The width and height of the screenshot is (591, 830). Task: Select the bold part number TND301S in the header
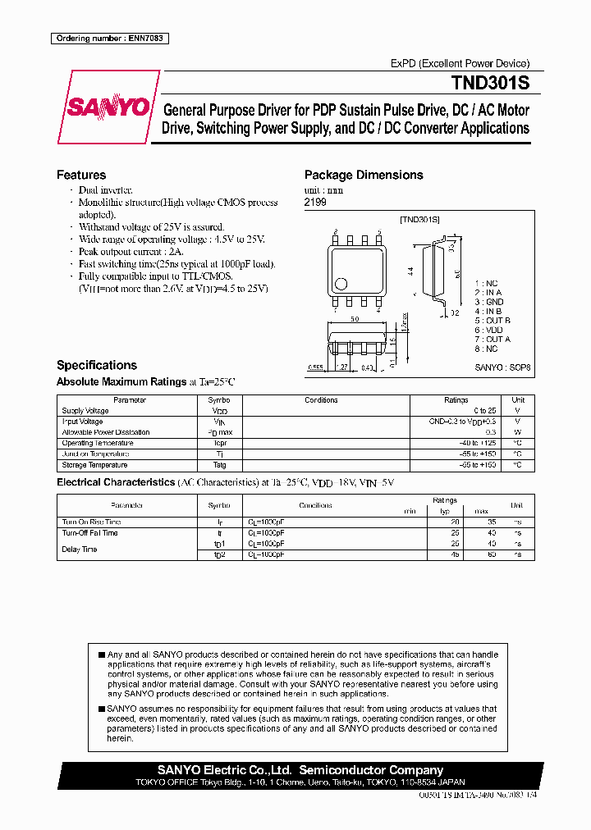pos(490,83)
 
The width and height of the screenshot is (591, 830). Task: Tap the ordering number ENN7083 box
pos(109,39)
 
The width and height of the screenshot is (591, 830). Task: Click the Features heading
pos(81,175)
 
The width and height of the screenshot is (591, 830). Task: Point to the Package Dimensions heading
pos(364,175)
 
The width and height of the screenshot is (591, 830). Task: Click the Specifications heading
pos(97,365)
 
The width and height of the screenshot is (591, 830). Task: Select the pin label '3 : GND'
pos(489,302)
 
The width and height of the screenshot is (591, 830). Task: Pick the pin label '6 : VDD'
pos(489,330)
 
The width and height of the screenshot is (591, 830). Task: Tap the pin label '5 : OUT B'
pos(492,320)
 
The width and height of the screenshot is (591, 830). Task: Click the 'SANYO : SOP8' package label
pos(503,370)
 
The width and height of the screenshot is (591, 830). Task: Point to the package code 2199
pos(315,202)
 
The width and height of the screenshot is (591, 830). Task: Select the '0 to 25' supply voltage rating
pos(484,411)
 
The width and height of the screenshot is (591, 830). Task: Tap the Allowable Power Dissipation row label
pos(106,432)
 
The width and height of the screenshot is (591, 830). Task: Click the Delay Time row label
pos(80,550)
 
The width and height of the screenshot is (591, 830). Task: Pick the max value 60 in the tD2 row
pos(492,554)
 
